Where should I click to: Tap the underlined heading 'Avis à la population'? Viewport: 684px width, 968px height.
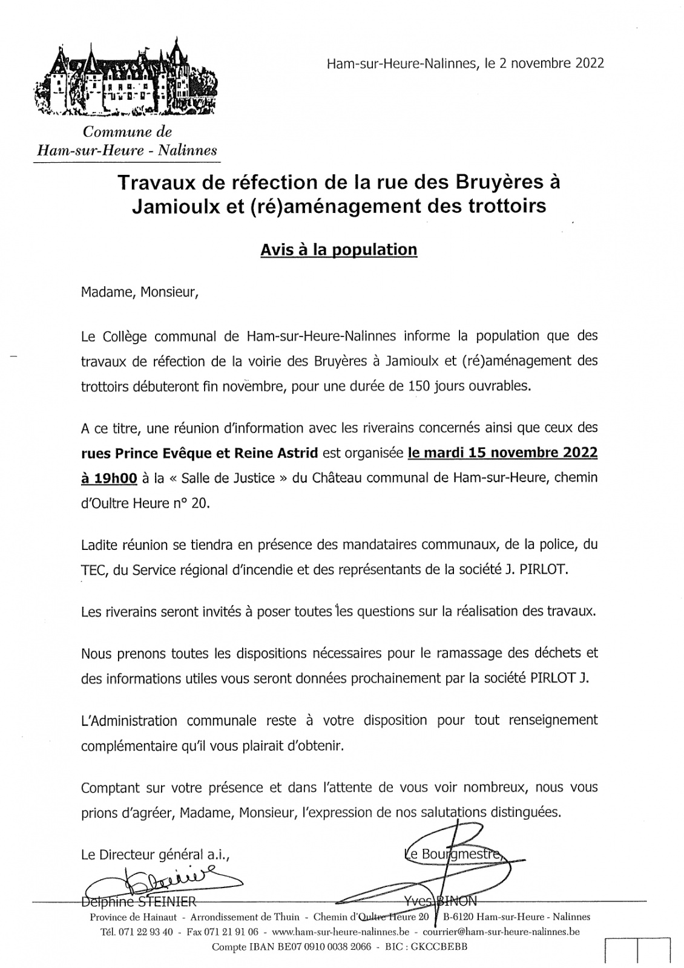(338, 249)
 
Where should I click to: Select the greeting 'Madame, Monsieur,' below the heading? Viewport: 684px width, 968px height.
(139, 293)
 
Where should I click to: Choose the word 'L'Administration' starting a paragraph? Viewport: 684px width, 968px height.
(129, 721)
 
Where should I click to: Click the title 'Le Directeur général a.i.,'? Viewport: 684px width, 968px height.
(156, 855)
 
